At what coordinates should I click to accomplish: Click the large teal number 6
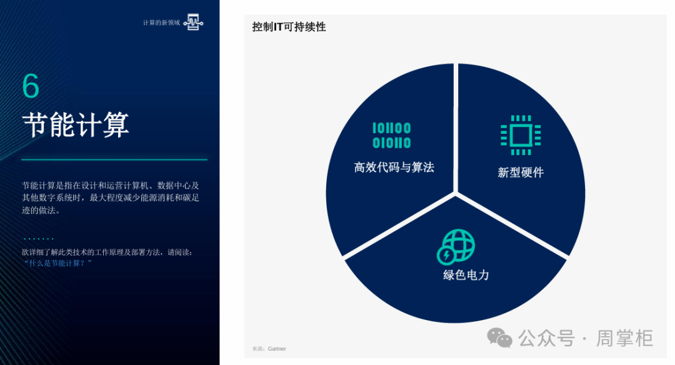tap(31, 85)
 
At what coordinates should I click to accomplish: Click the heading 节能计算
tap(76, 125)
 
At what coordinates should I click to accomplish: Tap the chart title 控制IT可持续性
tap(289, 27)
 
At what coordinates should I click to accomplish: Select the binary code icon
tap(391, 135)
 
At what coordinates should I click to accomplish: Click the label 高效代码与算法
tap(394, 167)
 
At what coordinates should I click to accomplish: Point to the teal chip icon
tap(521, 135)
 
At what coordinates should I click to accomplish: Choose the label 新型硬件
tap(521, 172)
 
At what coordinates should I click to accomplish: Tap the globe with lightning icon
tap(456, 246)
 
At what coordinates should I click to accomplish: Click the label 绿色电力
tap(466, 274)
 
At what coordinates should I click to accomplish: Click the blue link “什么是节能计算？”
tap(57, 263)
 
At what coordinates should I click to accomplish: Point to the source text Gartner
tap(277, 349)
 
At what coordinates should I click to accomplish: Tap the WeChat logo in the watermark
tap(499, 337)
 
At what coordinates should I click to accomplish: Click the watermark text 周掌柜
tap(624, 338)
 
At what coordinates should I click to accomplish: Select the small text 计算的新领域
tap(161, 22)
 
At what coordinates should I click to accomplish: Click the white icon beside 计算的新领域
tap(193, 22)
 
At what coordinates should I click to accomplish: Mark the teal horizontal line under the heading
tap(114, 160)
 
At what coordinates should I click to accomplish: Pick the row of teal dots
tap(39, 239)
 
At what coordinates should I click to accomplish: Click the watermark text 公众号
tap(547, 338)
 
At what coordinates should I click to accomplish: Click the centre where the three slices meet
tap(456, 194)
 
